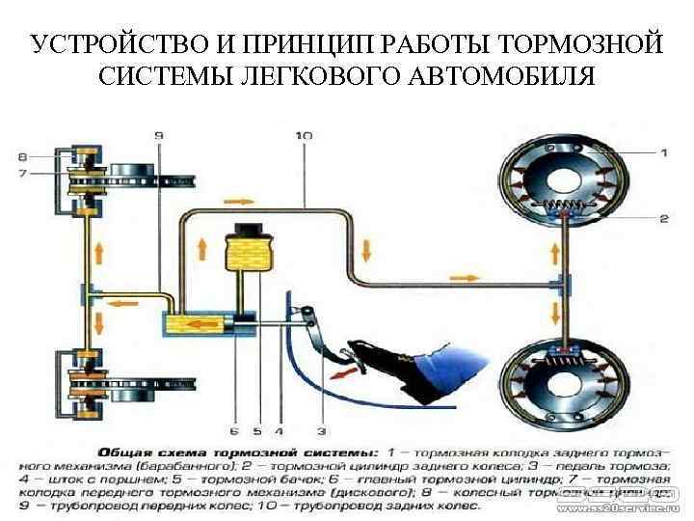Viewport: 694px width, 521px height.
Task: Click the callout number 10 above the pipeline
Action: (304, 137)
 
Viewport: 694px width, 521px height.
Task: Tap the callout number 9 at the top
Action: (158, 137)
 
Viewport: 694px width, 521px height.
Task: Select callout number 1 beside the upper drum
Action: (663, 151)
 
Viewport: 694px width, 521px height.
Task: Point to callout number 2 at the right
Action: (663, 219)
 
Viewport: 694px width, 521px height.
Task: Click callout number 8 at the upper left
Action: (22, 155)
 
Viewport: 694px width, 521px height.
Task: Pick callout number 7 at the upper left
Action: (22, 173)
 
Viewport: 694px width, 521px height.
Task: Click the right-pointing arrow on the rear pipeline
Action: (463, 277)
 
